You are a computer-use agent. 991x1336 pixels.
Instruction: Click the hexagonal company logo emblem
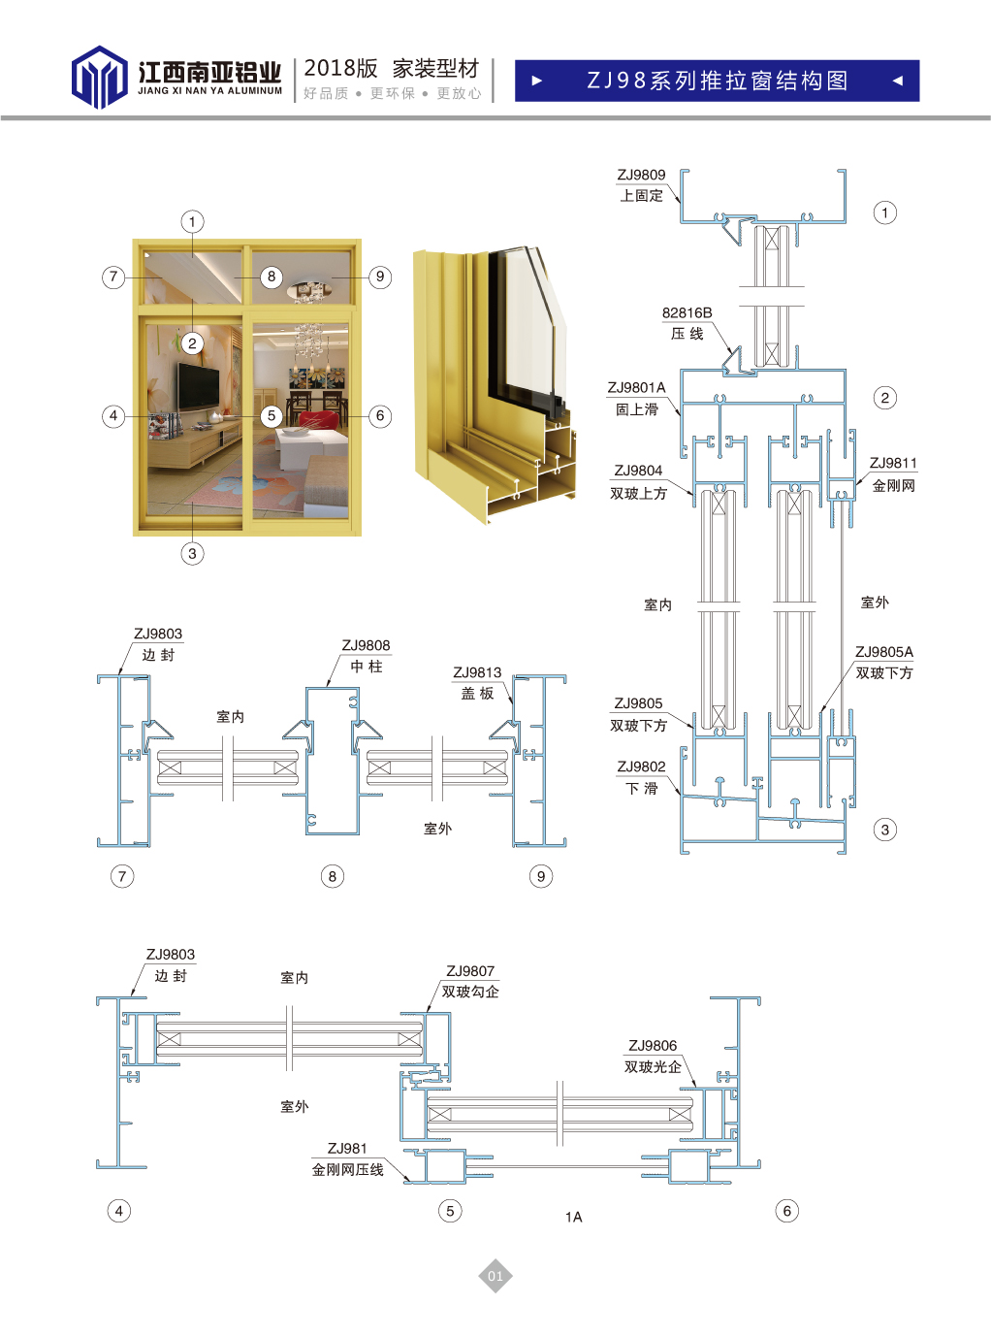(x=99, y=78)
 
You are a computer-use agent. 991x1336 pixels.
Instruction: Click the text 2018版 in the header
(x=340, y=68)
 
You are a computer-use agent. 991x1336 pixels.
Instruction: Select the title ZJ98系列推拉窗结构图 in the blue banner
(x=717, y=81)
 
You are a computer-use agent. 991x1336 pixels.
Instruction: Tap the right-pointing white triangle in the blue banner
(x=537, y=81)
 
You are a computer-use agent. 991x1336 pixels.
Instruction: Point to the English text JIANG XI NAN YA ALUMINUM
(x=209, y=91)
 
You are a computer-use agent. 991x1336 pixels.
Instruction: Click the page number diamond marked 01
(x=495, y=1276)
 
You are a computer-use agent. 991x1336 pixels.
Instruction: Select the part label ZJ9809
(x=642, y=175)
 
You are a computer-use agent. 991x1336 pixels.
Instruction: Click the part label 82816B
(x=687, y=312)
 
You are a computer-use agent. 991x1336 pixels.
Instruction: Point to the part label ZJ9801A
(x=636, y=387)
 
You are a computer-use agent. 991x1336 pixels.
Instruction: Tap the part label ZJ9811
(x=893, y=463)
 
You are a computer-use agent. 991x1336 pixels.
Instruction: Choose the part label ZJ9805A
(x=883, y=652)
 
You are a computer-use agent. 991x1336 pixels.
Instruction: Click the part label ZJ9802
(x=642, y=766)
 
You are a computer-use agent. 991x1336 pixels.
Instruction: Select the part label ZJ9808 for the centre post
(x=366, y=645)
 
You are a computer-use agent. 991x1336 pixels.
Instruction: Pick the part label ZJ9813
(x=477, y=672)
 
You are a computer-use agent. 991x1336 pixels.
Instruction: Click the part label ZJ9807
(x=470, y=970)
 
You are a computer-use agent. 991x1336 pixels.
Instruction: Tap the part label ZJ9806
(x=653, y=1045)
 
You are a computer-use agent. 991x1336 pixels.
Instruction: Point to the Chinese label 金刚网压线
(x=347, y=1169)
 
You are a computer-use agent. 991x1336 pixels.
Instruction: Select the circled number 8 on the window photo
(x=272, y=277)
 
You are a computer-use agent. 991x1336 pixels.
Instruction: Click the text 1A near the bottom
(x=573, y=1217)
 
